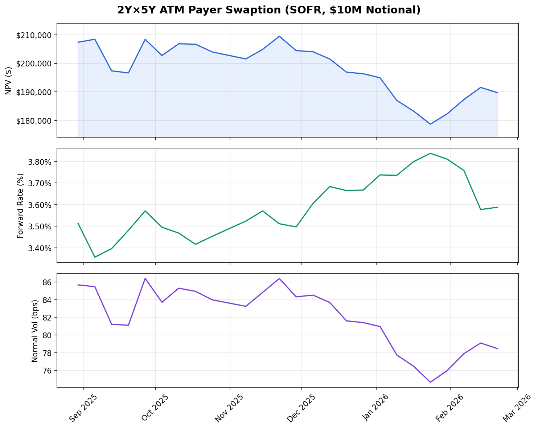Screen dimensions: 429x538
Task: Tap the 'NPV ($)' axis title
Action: (9, 81)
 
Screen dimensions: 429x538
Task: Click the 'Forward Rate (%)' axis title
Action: (20, 205)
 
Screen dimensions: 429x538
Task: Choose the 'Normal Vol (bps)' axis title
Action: (35, 331)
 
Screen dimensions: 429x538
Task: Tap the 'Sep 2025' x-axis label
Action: (83, 408)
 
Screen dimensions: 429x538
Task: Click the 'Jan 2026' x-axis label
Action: (375, 408)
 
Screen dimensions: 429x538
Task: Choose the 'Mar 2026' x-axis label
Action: (516, 408)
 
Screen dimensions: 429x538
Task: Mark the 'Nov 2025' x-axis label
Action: (229, 408)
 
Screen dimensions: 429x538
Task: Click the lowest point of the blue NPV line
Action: (430, 124)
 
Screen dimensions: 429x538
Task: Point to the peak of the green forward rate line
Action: (430, 153)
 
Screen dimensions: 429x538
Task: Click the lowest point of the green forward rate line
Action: (95, 257)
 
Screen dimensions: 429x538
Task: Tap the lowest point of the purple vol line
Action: (430, 382)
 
